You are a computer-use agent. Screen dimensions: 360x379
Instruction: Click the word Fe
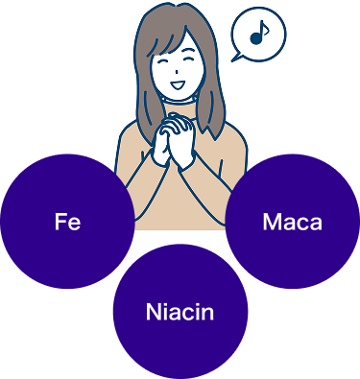67,222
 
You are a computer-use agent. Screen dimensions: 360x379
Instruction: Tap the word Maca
292,222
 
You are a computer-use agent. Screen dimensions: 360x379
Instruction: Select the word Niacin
180,312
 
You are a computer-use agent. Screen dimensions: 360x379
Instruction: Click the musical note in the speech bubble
259,33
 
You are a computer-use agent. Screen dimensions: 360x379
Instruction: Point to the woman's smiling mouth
177,85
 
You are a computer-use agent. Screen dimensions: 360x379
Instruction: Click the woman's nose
177,71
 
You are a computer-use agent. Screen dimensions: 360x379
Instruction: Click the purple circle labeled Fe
67,222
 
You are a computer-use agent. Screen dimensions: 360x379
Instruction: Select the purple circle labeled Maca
293,222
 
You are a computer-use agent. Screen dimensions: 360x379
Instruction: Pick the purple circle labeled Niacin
180,312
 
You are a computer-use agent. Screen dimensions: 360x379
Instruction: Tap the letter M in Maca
271,222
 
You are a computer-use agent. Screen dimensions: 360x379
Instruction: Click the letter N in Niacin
154,312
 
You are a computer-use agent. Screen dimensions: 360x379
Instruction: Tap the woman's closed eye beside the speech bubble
188,59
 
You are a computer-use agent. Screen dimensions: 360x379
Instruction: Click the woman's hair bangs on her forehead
170,41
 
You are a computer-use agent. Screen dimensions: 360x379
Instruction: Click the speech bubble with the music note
258,35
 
